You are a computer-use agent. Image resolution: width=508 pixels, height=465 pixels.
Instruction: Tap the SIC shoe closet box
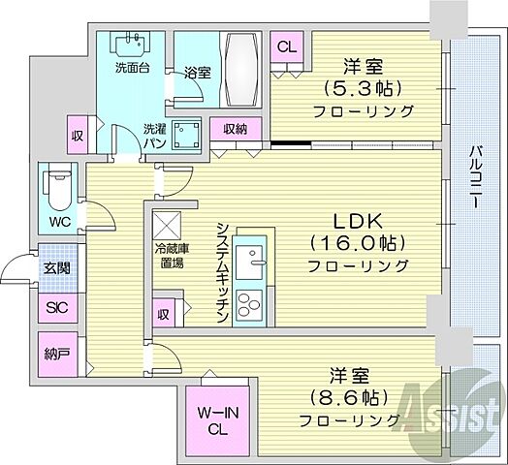pyautogui.click(x=55, y=309)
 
